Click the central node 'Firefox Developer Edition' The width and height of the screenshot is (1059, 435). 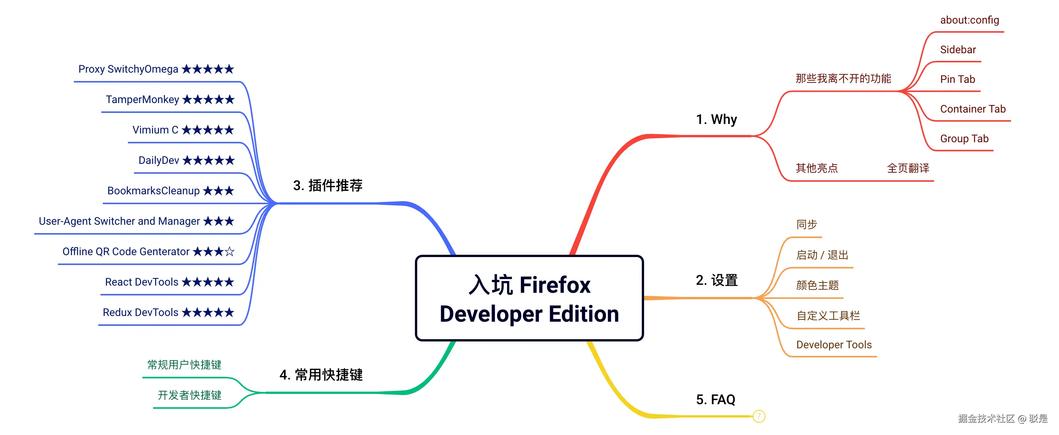click(x=529, y=298)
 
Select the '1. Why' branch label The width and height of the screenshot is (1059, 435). click(x=716, y=119)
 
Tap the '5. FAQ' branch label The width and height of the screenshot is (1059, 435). click(x=715, y=399)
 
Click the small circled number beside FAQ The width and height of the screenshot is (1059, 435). click(x=759, y=416)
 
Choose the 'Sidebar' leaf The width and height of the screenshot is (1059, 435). click(x=957, y=50)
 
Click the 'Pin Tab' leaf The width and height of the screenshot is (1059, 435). click(x=957, y=79)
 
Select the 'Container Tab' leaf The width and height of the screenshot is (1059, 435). click(x=972, y=109)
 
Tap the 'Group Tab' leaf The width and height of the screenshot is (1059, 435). click(x=964, y=138)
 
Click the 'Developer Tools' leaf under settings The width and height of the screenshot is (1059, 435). click(x=834, y=345)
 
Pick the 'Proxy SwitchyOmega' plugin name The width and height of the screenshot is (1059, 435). click(x=128, y=69)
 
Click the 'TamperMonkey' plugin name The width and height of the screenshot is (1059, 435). click(x=142, y=99)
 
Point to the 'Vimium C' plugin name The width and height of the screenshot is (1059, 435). click(x=155, y=130)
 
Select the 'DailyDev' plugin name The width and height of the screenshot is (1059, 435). click(x=159, y=160)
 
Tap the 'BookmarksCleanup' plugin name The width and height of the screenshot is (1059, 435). click(x=153, y=191)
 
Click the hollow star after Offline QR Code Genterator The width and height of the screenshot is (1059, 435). click(x=230, y=251)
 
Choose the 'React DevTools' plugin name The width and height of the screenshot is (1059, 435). click(x=142, y=282)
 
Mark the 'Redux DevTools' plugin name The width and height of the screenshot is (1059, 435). click(x=140, y=312)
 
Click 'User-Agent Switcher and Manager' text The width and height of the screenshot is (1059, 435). click(x=119, y=221)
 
